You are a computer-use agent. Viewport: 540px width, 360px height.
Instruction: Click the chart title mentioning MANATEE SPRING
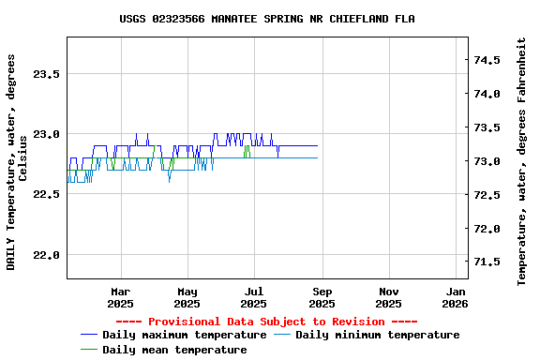click(x=267, y=19)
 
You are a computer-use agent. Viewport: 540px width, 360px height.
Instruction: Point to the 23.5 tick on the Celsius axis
click(x=46, y=74)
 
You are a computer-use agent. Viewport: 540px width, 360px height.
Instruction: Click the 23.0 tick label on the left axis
click(x=46, y=134)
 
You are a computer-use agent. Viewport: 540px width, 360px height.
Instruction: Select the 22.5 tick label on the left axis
click(x=46, y=194)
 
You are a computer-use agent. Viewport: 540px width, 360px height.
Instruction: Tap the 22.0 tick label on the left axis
click(x=46, y=255)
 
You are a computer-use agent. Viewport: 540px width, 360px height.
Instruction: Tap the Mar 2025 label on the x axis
click(x=120, y=297)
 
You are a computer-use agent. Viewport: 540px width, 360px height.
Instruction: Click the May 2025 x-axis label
click(x=187, y=297)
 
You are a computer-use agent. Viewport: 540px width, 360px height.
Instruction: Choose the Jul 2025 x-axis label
click(x=254, y=297)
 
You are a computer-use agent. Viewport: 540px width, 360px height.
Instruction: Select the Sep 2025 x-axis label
click(x=322, y=297)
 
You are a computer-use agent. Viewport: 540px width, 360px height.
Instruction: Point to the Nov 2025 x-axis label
click(x=389, y=297)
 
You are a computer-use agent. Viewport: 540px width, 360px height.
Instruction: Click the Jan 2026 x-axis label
click(x=456, y=297)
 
